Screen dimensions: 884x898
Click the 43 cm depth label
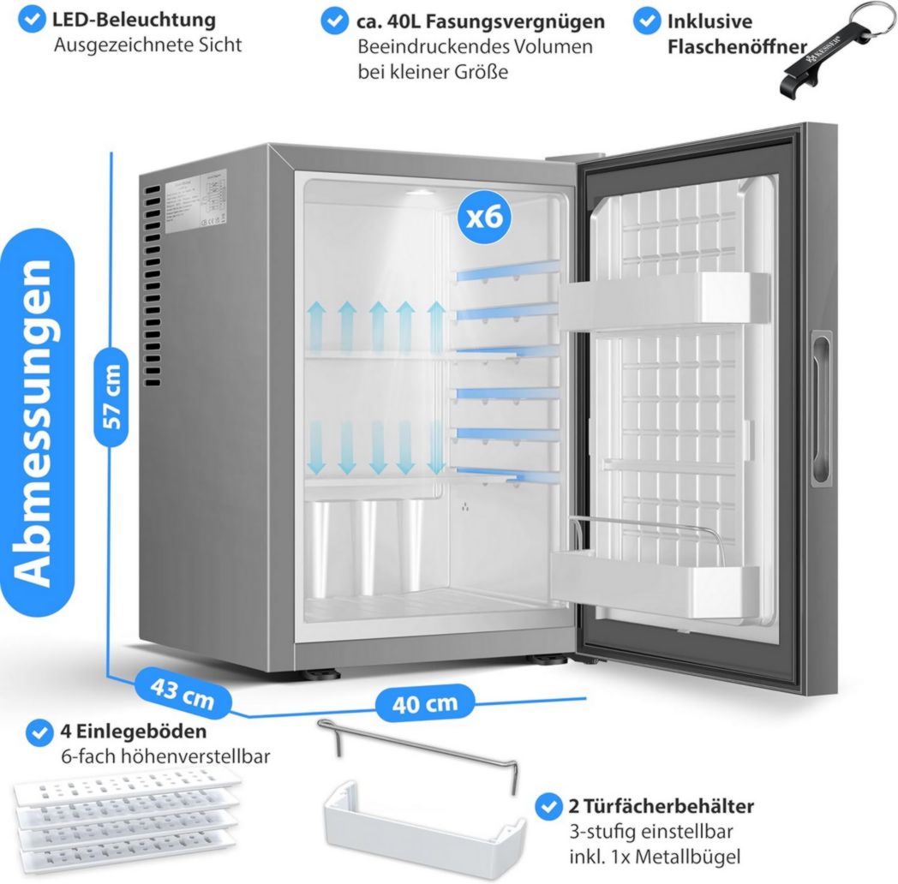point(183,691)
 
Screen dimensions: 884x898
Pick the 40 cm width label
point(425,703)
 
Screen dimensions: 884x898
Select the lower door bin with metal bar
point(656,570)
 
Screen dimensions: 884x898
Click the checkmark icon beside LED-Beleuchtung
point(33,20)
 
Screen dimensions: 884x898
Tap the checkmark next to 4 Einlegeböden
point(38,732)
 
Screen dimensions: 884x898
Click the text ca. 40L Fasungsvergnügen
point(481,21)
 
